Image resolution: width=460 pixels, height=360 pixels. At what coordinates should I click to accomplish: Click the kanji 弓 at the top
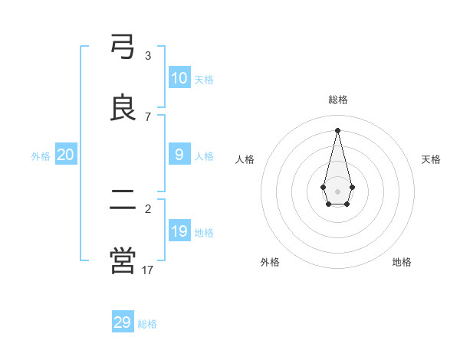(123, 47)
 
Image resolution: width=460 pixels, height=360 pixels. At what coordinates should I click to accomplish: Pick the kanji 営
(123, 261)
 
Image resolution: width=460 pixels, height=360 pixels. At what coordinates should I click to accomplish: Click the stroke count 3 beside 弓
(148, 55)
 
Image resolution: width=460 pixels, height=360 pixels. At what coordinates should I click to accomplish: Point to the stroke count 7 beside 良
(148, 116)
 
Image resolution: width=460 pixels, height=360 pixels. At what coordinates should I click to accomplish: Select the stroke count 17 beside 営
(148, 270)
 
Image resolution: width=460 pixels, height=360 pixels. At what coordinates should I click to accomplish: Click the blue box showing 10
(179, 78)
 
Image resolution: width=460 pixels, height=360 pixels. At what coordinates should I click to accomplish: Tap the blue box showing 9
(179, 155)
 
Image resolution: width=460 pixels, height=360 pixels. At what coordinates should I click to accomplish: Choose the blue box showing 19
(179, 231)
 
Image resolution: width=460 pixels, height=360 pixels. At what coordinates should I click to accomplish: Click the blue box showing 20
(66, 155)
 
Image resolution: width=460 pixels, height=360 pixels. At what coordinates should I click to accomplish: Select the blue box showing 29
(123, 322)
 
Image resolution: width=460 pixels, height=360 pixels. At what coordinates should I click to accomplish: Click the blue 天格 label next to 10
(204, 80)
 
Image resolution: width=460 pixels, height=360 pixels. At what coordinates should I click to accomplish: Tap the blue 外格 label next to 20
(41, 156)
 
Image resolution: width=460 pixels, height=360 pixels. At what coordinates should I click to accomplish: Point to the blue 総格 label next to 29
(147, 324)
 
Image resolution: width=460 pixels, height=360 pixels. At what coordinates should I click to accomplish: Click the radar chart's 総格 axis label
(338, 100)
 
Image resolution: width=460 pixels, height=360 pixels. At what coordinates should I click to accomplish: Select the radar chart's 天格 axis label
(431, 159)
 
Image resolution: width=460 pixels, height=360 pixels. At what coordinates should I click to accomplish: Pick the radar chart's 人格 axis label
(245, 159)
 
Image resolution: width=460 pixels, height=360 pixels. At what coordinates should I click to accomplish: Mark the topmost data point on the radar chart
(337, 130)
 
